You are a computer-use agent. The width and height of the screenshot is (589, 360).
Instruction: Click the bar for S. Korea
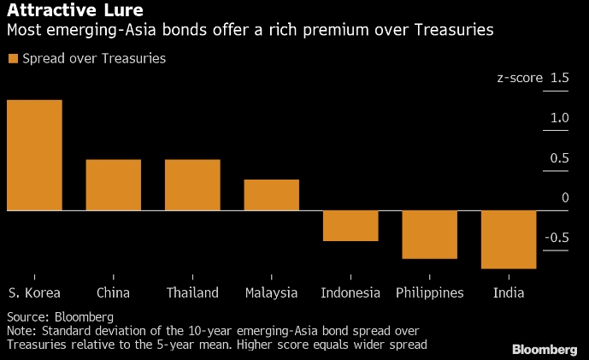click(34, 155)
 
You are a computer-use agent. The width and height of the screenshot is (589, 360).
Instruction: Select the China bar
click(114, 185)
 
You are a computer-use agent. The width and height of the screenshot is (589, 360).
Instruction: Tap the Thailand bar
click(192, 185)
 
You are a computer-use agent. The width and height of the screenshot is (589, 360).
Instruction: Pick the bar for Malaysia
click(272, 195)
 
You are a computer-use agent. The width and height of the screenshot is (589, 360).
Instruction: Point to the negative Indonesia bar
click(350, 226)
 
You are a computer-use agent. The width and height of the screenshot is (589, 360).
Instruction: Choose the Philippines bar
click(430, 234)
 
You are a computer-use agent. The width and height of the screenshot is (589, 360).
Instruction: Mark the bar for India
click(509, 239)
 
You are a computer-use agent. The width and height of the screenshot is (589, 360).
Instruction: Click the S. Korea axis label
click(34, 292)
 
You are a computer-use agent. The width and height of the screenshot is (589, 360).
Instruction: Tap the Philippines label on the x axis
click(430, 292)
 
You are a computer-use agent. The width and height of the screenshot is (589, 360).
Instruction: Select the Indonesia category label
click(350, 292)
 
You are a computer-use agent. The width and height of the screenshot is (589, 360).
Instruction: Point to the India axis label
click(509, 292)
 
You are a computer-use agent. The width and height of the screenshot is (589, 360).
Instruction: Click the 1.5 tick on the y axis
click(560, 79)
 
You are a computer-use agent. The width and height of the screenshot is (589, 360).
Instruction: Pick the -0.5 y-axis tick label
click(557, 237)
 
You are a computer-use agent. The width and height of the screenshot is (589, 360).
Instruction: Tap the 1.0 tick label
click(560, 118)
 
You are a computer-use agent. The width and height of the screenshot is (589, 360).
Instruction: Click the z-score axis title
click(520, 79)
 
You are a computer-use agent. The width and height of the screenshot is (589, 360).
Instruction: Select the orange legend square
click(12, 59)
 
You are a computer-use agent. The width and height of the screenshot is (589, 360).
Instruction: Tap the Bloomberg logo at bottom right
click(544, 350)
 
